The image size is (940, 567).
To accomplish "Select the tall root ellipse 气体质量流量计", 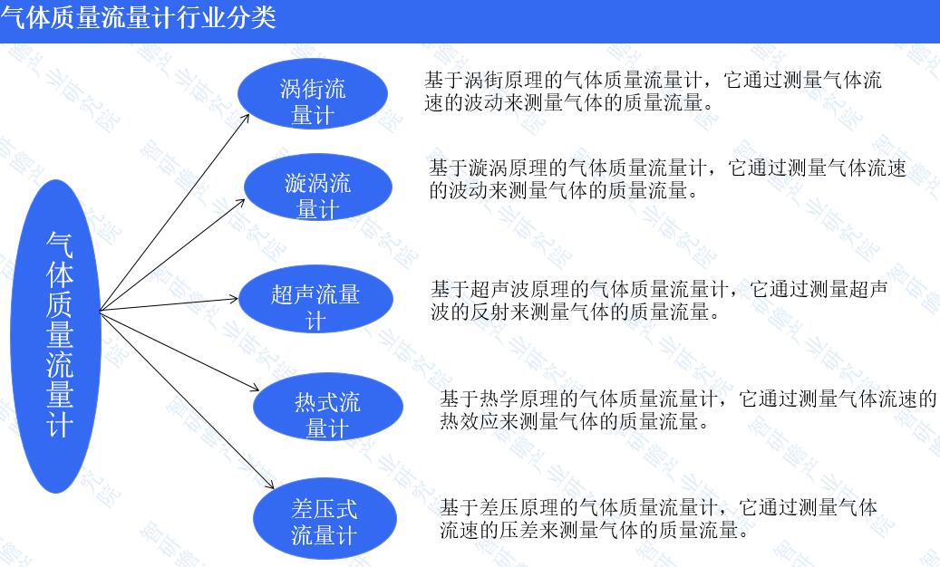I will pyautogui.click(x=59, y=335).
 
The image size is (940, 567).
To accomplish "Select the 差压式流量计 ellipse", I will pyautogui.click(x=325, y=518).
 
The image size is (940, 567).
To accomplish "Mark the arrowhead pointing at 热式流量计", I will pyautogui.click(x=252, y=389).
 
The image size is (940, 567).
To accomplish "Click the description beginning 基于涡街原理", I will pyautogui.click(x=653, y=91).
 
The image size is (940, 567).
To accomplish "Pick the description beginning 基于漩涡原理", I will pyautogui.click(x=667, y=179).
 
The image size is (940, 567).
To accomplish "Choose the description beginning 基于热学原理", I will pyautogui.click(x=689, y=409).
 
